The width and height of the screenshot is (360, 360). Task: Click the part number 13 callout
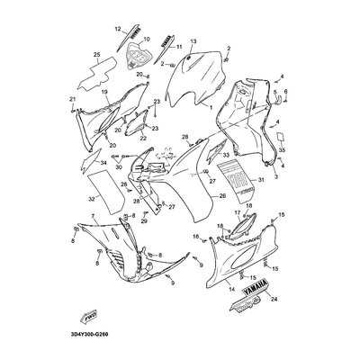tap(193, 41)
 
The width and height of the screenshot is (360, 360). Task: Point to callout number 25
tap(96, 56)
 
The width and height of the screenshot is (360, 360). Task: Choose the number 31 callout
tap(285, 181)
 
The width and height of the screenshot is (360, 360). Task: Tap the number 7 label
tap(92, 217)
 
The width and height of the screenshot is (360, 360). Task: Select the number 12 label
tap(116, 29)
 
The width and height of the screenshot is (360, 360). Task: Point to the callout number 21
tap(72, 99)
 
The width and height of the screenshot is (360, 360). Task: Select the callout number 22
tap(142, 138)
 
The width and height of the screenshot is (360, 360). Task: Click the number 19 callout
tap(103, 92)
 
